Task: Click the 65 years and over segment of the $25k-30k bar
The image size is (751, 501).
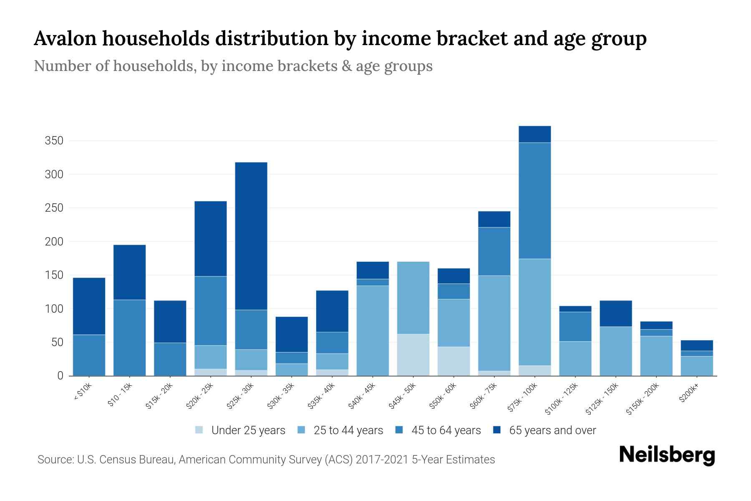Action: (x=251, y=236)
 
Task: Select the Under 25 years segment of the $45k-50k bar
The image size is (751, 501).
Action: (x=413, y=354)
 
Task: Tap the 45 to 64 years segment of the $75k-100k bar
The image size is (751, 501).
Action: (x=534, y=201)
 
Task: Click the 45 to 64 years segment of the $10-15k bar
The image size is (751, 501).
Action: (x=130, y=338)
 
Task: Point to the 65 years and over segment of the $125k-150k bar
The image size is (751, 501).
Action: (x=615, y=314)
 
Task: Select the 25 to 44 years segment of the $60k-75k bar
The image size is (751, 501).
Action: (x=494, y=323)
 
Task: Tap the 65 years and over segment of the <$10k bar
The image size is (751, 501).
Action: (x=89, y=306)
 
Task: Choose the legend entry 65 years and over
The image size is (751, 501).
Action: (x=544, y=430)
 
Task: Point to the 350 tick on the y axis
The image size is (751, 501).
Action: (x=54, y=141)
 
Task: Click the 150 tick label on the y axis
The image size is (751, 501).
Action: (x=54, y=275)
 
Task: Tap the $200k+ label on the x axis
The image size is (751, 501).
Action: (x=688, y=394)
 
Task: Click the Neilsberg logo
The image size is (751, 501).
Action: (x=667, y=455)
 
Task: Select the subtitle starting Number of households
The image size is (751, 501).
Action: (x=233, y=66)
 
